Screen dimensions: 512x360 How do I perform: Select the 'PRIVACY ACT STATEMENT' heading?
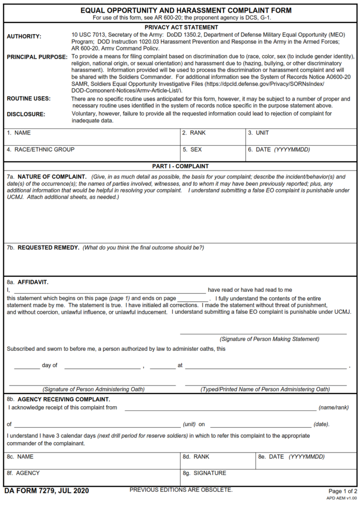point(181,28)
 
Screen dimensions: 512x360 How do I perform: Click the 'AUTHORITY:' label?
point(24,37)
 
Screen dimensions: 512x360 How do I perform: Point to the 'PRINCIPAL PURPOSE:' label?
point(37,57)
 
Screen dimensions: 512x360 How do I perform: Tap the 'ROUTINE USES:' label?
point(29,99)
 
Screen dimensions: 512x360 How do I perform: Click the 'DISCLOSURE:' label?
point(26,114)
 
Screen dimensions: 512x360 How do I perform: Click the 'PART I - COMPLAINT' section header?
point(180,166)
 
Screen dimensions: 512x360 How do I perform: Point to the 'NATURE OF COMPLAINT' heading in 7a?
point(52,177)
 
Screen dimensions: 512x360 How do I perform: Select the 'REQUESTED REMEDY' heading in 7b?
point(48,248)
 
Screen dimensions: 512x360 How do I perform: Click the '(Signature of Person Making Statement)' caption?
point(269,339)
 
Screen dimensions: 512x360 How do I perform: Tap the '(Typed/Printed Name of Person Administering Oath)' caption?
point(265,389)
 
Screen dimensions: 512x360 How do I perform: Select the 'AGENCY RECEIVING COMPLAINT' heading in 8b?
point(64,400)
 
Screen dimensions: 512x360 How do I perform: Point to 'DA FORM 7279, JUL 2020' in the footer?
point(46,491)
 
